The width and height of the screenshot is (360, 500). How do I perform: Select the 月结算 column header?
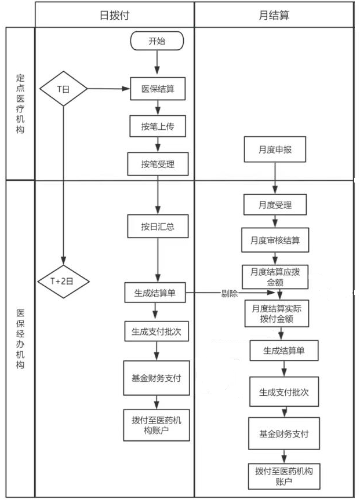point(273,14)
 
